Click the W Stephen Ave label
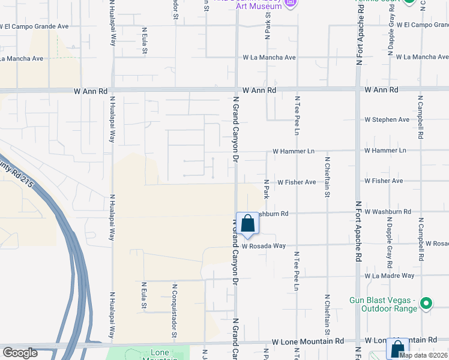click(x=387, y=119)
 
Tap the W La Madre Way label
click(x=390, y=275)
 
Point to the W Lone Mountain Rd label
click(x=307, y=340)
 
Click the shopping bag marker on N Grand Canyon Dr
click(x=247, y=224)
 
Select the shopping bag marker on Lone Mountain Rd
click(x=397, y=349)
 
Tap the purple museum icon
click(x=291, y=4)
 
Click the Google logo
click(x=20, y=353)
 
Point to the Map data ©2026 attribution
click(x=423, y=355)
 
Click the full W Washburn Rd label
click(x=387, y=212)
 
